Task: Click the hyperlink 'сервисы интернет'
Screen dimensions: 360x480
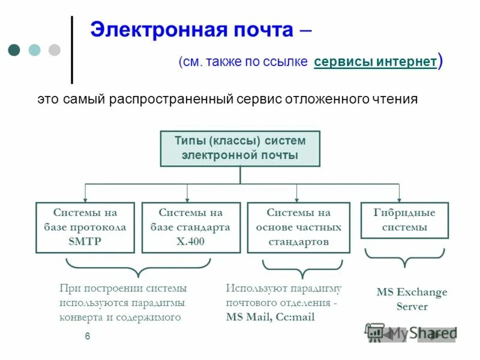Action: [375, 62]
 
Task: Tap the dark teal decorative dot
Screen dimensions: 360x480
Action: [14, 50]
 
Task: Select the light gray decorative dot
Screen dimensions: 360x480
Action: [54, 50]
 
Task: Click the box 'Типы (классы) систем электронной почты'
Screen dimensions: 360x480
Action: [240, 148]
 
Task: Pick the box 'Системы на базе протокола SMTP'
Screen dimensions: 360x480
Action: [85, 227]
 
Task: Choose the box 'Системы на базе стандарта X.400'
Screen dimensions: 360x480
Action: [190, 227]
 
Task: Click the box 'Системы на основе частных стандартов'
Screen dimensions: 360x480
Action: [298, 227]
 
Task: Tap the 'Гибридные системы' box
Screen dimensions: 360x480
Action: [404, 220]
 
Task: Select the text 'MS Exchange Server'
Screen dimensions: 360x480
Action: [412, 299]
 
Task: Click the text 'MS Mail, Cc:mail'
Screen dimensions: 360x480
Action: [270, 317]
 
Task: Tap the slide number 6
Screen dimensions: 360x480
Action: [88, 337]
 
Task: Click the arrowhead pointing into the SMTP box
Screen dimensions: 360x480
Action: [85, 199]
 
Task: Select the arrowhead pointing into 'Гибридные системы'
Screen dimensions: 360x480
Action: [399, 199]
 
